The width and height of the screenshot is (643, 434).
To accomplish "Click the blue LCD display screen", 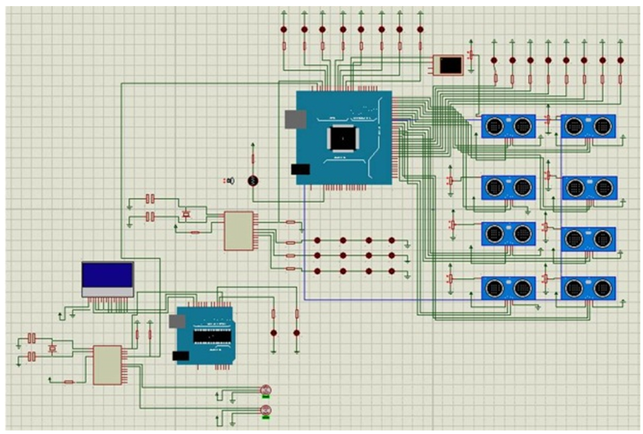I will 108,276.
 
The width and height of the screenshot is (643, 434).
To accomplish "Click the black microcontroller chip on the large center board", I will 342,137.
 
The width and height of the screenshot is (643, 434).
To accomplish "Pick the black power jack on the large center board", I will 300,169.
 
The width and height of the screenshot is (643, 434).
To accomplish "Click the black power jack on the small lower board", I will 181,355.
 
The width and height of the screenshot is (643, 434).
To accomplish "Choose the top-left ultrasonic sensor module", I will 508,127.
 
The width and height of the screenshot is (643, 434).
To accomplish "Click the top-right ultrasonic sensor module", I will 587,127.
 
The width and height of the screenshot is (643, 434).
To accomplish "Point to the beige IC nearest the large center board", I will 239,230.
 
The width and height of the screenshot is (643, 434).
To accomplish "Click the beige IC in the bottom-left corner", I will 107,364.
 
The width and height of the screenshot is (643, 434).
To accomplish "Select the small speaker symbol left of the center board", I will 230,180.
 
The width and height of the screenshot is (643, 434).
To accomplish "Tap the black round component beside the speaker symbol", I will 253,180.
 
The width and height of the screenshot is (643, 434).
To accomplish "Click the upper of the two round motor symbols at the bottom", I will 266,390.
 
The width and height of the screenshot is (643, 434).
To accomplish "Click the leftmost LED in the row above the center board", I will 285,30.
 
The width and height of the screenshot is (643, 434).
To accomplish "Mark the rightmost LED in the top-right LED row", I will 620,61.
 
